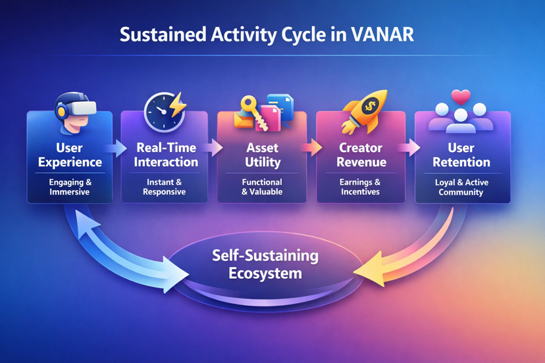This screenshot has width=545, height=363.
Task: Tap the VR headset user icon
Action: [x=74, y=112]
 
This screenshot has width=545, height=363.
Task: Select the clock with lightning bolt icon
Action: [x=165, y=111]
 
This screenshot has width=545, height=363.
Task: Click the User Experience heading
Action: [x=70, y=155]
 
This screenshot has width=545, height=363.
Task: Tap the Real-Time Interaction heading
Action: [x=166, y=155]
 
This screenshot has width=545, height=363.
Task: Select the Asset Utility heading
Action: [x=262, y=155]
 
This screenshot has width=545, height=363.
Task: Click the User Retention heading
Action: [x=461, y=155]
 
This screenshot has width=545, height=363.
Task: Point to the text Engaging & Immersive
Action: [x=70, y=187]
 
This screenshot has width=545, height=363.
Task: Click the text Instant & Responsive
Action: [x=165, y=187]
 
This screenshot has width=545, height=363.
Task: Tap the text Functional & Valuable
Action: [x=262, y=187]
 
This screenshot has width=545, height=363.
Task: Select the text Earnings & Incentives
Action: [x=360, y=187]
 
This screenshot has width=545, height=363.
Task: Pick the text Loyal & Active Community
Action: [x=461, y=187]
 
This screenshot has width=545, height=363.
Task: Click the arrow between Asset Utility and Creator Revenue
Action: [x=311, y=147]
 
